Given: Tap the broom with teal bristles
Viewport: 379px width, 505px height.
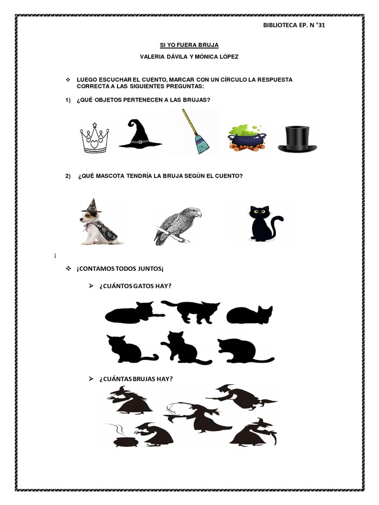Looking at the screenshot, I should (195, 132).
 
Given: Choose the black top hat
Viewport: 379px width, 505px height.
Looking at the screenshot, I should (297, 139).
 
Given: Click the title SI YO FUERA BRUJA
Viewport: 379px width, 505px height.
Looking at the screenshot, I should (189, 45).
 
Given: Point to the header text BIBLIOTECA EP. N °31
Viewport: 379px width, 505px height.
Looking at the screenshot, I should (294, 26).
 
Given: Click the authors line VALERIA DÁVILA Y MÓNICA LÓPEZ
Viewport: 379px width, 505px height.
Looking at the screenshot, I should (189, 57).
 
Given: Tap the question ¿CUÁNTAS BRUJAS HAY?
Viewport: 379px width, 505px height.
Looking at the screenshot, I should (136, 379).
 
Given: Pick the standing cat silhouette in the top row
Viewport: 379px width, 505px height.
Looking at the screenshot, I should (193, 311).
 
